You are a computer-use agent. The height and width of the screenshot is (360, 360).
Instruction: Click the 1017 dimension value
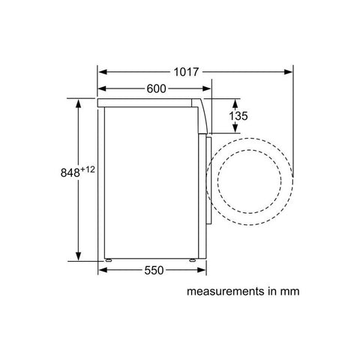click(x=186, y=72)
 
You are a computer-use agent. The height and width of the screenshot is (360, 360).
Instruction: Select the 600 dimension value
click(x=156, y=88)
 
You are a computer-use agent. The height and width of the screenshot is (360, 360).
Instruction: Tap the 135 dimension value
click(x=238, y=115)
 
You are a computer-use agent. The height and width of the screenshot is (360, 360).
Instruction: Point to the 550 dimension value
click(x=154, y=270)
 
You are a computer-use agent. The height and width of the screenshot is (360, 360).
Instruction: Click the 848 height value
click(x=70, y=172)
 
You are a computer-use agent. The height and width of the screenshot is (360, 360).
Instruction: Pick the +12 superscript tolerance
click(x=88, y=169)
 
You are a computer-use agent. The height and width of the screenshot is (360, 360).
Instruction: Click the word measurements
click(x=226, y=292)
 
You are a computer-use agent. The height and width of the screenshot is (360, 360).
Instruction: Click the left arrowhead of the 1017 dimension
click(x=103, y=72)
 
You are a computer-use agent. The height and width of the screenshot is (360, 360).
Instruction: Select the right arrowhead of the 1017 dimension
click(x=288, y=72)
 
